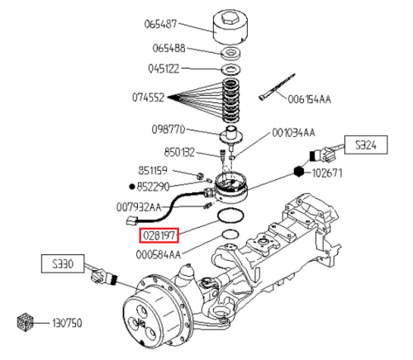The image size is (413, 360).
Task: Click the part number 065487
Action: (x=160, y=24)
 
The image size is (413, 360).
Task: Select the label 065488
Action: (x=169, y=49)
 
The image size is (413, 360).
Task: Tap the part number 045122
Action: (x=164, y=69)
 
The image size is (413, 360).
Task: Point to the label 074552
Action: (x=149, y=97)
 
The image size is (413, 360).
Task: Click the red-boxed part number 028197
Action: (x=159, y=235)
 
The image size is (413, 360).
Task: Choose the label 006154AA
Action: (x=309, y=99)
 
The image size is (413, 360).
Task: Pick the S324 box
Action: (x=366, y=144)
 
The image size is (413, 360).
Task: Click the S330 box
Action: (x=63, y=264)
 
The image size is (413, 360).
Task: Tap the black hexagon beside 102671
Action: (x=299, y=172)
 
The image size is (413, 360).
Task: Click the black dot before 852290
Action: (x=132, y=187)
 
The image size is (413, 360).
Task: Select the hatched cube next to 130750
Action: (x=26, y=322)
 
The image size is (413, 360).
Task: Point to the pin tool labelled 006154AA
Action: (x=277, y=88)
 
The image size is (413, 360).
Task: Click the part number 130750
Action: (x=67, y=323)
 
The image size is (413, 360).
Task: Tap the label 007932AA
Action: (x=139, y=207)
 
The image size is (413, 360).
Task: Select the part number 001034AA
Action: (x=293, y=133)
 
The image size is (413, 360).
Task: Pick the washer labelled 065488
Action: (x=231, y=53)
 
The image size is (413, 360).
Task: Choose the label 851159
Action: (x=153, y=171)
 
